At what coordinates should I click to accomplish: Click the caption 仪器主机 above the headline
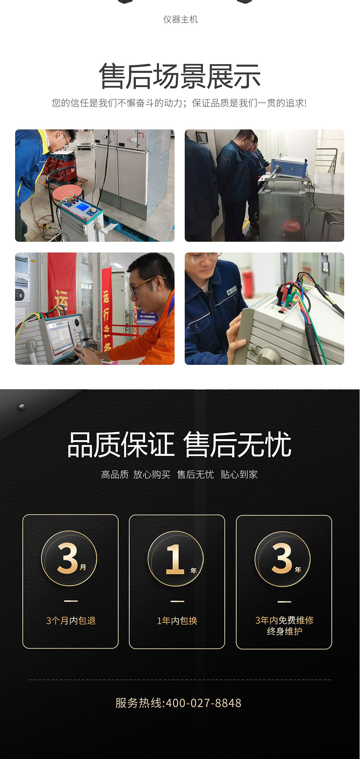coord(180,19)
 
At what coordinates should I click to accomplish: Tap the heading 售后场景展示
coord(180,76)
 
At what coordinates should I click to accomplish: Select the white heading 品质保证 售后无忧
coord(179,445)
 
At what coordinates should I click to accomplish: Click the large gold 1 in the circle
coord(175,559)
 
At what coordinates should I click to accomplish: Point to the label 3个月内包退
coord(71,620)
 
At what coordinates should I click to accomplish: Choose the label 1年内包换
coord(177,620)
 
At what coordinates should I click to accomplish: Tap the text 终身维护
coord(284,631)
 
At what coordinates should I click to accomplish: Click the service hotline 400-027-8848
coord(203,703)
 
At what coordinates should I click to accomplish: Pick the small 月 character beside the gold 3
coord(83,567)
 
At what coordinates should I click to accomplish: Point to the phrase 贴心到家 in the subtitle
coord(239,475)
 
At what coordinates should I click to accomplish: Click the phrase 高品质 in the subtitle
coord(115,475)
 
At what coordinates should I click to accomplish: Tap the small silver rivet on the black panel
coord(22,406)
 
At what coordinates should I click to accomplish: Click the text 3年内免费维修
coord(284,620)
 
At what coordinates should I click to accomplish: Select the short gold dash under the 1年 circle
coord(177,601)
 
